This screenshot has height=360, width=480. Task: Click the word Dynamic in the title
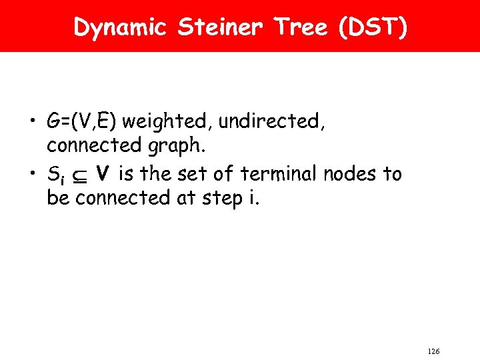pos(121,27)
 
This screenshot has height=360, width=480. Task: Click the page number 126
pos(433,351)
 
